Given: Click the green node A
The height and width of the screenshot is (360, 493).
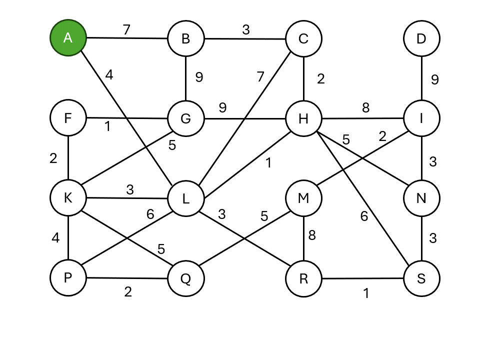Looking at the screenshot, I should click(68, 38).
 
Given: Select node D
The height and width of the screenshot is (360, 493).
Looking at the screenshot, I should click(421, 38).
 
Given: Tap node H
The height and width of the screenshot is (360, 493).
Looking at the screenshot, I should click(303, 118).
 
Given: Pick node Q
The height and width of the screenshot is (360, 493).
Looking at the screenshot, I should click(186, 278).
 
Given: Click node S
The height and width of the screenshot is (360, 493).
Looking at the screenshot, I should click(421, 278).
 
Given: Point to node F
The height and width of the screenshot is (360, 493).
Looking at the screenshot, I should click(68, 118).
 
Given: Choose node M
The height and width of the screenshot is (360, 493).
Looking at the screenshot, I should click(303, 198).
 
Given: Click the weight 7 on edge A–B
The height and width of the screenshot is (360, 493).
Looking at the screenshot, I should click(126, 29).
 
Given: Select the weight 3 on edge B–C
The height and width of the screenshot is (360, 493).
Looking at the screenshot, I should click(245, 29).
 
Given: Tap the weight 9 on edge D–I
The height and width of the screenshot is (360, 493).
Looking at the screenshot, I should click(435, 79).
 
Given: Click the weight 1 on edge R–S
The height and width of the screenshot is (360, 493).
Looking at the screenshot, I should click(366, 293).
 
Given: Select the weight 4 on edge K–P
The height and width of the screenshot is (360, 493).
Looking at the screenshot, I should click(55, 238).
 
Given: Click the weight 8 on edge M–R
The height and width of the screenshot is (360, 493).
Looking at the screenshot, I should click(312, 235).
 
